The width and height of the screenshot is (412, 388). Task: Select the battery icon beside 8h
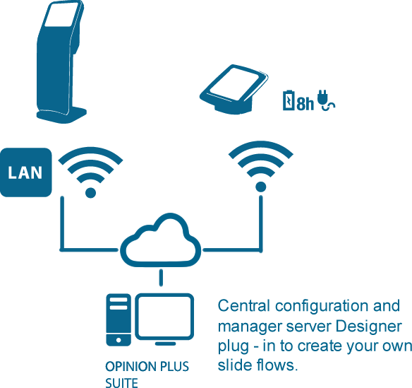click(x=289, y=101)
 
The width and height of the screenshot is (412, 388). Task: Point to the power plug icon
click(x=325, y=102)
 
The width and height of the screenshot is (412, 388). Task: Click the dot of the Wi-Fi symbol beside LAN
click(x=90, y=192)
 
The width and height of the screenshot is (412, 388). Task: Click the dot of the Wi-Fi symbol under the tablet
click(x=260, y=187)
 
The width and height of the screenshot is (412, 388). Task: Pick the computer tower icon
click(x=118, y=320)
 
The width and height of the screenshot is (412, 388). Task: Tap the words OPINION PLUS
click(x=147, y=368)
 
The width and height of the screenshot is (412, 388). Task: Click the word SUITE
click(x=121, y=383)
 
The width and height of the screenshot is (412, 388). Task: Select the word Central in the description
click(x=243, y=306)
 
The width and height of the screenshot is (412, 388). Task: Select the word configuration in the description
click(x=319, y=307)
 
